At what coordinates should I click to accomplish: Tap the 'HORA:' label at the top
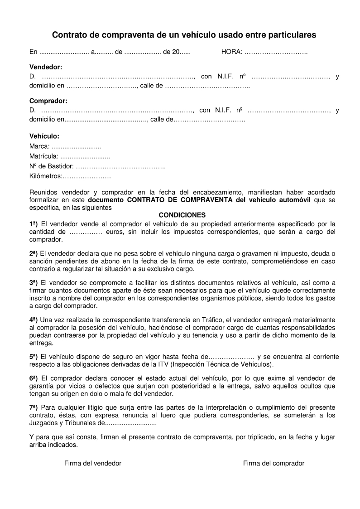coord(231,52)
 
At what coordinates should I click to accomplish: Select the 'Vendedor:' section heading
coord(46,67)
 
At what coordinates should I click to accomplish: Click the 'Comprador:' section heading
coord(48,101)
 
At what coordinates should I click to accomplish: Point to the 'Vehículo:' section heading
coord(44,136)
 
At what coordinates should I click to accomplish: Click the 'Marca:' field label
coord(39,146)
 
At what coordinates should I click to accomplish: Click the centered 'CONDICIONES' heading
coord(182,215)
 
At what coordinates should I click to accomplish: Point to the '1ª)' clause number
coord(34,223)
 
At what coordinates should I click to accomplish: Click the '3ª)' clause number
coord(34,282)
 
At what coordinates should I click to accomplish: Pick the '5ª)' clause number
coord(34,356)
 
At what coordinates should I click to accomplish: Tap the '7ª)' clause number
coord(34,407)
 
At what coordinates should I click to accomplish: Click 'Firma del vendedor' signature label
coord(93,463)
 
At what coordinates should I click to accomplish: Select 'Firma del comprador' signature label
coord(274,463)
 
